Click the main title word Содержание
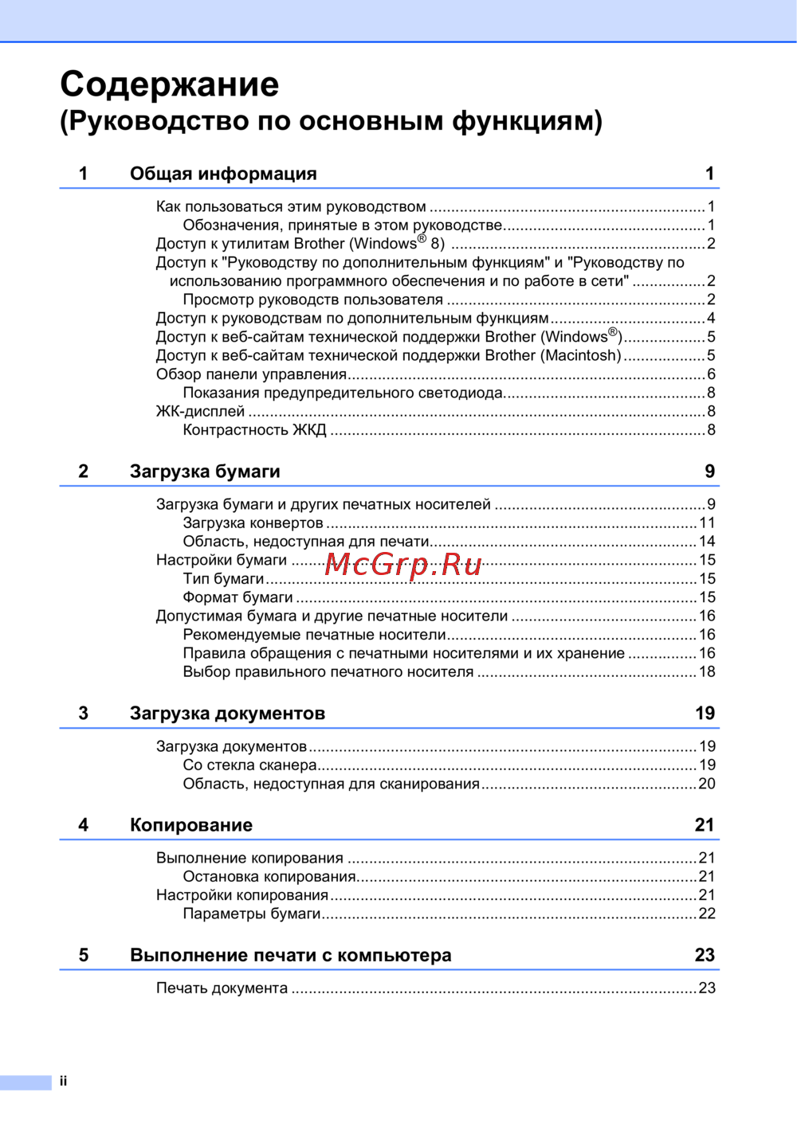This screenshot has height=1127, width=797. point(169,84)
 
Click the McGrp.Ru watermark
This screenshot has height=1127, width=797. point(403,565)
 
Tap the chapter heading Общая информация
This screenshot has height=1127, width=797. point(223,174)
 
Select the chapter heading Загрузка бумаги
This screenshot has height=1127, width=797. point(205,472)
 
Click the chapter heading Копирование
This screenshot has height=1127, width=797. point(191,825)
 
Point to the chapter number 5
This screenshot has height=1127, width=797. point(84,955)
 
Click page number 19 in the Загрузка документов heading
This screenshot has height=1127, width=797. point(705,714)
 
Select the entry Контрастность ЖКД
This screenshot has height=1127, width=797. point(254,430)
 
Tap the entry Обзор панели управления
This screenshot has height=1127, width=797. point(251,374)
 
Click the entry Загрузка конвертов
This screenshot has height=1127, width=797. point(253,523)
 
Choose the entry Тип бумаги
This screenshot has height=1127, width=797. point(223,579)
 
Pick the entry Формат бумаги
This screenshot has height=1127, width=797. point(238,597)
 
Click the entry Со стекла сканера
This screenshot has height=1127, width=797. point(249,765)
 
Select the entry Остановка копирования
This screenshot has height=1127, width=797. point(269,877)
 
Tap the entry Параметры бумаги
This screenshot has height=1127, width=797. point(251,914)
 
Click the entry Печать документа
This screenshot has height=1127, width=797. point(222,988)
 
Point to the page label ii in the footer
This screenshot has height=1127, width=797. point(63,1081)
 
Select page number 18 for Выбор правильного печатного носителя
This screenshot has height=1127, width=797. point(707,672)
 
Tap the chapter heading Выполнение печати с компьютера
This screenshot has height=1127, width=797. point(290,955)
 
